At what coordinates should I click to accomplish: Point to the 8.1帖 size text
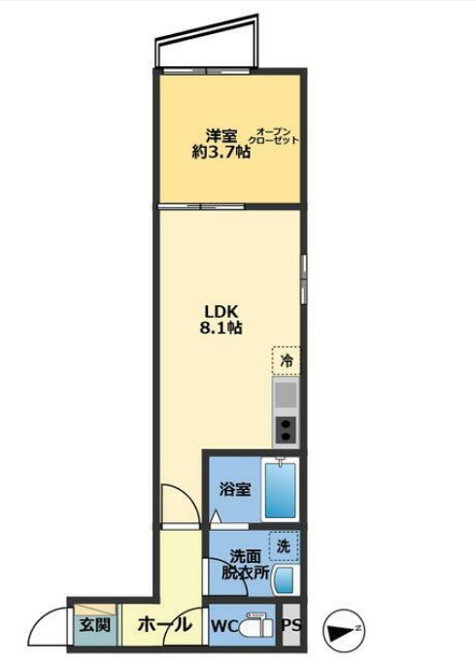tap(221, 329)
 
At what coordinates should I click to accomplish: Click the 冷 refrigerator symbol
tap(286, 360)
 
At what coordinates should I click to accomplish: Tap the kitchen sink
tap(286, 394)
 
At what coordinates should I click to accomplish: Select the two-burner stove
tap(286, 428)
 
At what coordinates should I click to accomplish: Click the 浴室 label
tap(235, 489)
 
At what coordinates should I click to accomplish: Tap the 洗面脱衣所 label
tap(244, 565)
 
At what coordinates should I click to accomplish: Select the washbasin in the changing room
tap(283, 580)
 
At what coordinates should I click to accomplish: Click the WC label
tap(224, 627)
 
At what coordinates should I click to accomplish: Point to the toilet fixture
tap(255, 625)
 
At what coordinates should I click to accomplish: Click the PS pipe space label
tap(291, 627)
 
